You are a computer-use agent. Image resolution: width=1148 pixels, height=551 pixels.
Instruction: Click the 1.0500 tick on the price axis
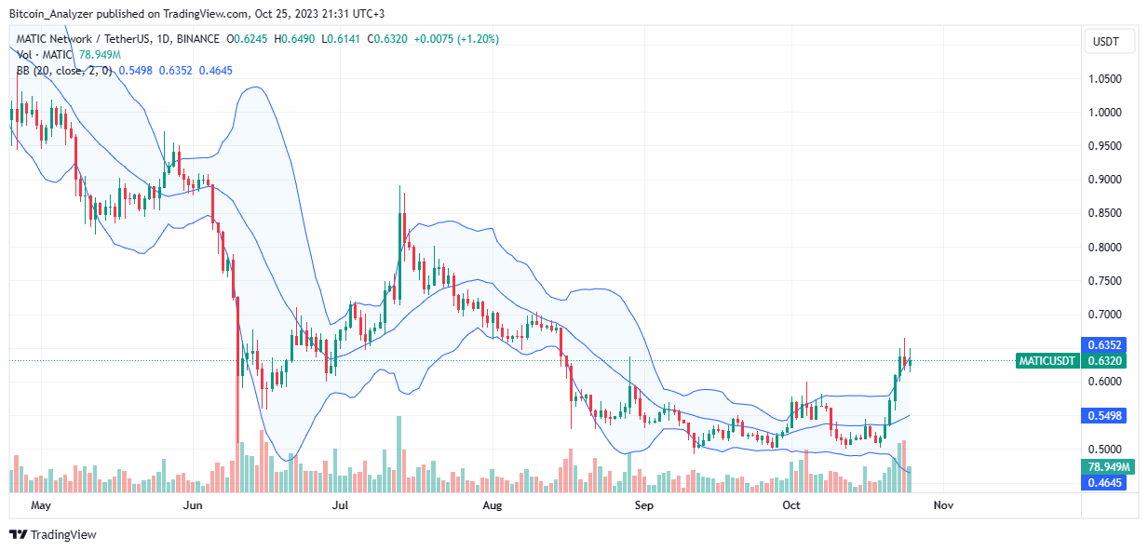[x=1107, y=79]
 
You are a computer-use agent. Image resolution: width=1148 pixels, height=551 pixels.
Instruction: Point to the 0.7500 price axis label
[x=1107, y=281]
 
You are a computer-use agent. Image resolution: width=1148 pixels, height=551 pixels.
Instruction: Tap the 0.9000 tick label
[x=1107, y=180]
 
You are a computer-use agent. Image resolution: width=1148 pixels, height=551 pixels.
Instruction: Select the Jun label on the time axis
[x=193, y=505]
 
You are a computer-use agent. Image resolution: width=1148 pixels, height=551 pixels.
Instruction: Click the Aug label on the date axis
[x=493, y=505]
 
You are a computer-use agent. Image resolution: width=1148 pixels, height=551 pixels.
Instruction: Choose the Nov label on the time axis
[x=943, y=505]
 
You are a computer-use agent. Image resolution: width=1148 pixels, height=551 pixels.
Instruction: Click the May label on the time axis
[x=40, y=505]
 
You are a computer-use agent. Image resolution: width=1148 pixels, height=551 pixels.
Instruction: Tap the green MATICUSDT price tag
[x=1047, y=361]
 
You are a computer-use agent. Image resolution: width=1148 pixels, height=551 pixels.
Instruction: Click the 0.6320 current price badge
[x=1107, y=361]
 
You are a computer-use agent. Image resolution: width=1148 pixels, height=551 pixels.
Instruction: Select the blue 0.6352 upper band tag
[x=1107, y=344]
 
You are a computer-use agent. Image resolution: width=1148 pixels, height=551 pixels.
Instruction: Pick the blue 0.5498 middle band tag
[x=1107, y=416]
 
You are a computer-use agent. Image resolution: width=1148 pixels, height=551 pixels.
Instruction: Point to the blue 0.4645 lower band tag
[x=1107, y=483]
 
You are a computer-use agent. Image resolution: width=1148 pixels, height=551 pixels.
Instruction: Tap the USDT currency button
[x=1106, y=42]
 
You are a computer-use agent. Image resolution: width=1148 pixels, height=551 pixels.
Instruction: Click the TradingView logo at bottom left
[x=53, y=534]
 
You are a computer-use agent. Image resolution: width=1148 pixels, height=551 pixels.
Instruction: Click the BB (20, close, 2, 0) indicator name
[x=61, y=70]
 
